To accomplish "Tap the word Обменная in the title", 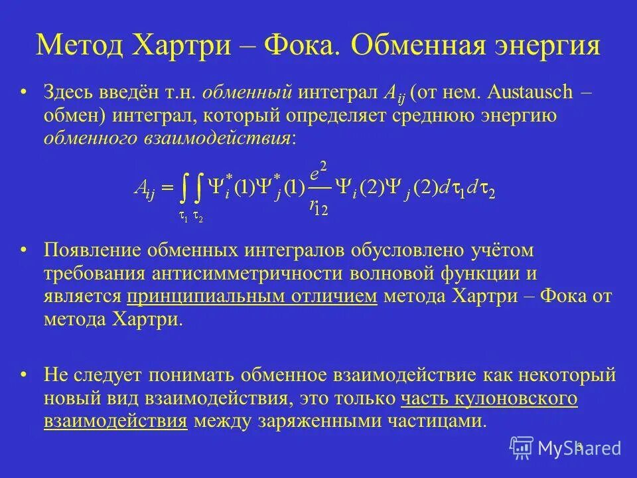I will point(411,47).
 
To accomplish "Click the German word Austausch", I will point(527,92).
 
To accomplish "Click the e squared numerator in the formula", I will point(320,169).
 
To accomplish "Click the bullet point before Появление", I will point(25,250).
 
